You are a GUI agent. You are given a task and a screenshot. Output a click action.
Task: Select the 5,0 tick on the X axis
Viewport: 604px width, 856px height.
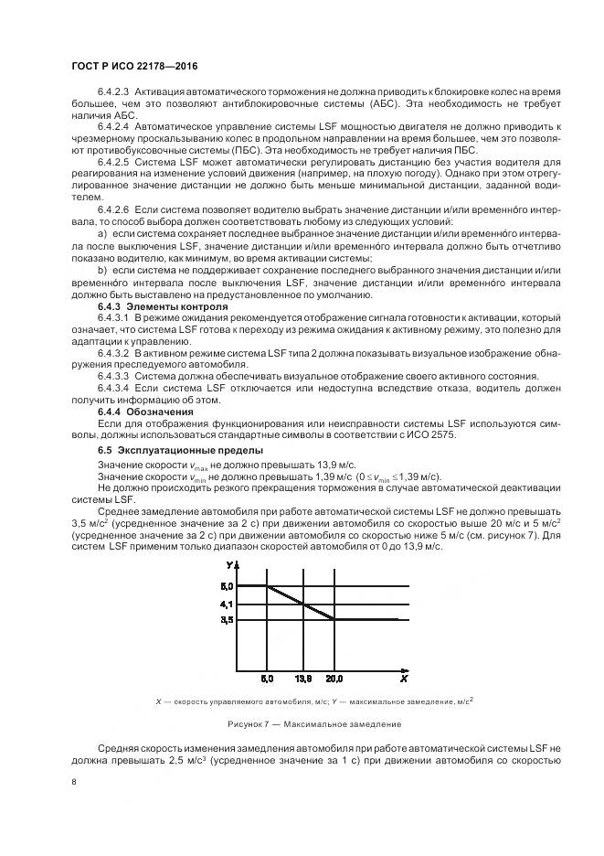[x=267, y=679]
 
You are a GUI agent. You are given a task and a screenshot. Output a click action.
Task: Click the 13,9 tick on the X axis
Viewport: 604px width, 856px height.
[x=302, y=679]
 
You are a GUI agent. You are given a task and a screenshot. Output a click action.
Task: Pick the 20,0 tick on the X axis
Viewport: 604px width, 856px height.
[x=334, y=679]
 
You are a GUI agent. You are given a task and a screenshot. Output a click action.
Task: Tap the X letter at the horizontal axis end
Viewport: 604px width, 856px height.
[x=402, y=679]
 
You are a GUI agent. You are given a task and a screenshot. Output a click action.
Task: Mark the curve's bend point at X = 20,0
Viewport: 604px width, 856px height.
[x=334, y=619]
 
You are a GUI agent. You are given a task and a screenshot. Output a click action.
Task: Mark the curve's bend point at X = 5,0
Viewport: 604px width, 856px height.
[x=267, y=585]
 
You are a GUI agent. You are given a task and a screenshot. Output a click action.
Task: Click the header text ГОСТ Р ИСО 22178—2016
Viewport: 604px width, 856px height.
[x=134, y=68]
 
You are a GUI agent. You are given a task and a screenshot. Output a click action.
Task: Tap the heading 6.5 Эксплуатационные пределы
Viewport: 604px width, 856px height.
[x=168, y=450]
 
